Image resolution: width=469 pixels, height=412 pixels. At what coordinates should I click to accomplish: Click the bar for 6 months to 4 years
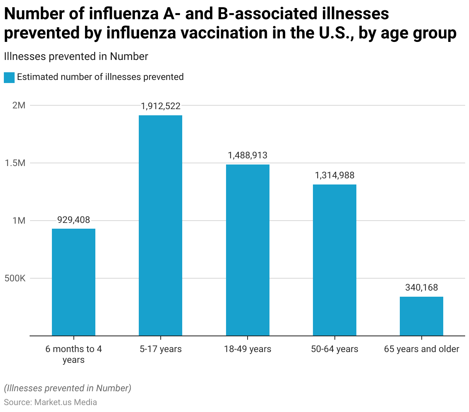73,282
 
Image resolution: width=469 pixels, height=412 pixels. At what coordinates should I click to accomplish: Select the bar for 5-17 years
160,226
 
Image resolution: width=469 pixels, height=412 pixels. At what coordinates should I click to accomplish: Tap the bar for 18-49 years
248,250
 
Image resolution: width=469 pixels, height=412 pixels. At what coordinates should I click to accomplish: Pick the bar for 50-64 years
334,260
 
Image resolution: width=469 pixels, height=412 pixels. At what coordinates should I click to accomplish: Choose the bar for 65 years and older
421,316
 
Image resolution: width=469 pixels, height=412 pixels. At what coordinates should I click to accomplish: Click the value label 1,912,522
160,106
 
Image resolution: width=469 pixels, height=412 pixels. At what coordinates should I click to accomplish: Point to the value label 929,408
73,220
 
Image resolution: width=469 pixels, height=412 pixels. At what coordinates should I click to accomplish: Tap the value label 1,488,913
248,155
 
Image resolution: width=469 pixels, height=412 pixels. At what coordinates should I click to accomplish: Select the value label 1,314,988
334,175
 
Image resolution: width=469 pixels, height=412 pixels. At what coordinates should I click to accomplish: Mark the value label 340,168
421,287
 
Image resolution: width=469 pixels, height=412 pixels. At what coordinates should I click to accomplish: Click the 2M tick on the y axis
18,105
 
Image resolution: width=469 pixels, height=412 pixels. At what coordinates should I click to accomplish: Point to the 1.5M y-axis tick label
15,163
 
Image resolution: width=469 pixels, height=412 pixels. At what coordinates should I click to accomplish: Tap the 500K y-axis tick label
15,278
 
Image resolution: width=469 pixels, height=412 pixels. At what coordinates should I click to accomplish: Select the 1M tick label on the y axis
18,221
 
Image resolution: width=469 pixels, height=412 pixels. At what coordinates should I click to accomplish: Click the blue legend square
9,77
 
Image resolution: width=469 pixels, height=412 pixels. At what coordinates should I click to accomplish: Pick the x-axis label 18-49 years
248,349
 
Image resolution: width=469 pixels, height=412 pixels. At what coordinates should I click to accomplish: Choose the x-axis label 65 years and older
421,349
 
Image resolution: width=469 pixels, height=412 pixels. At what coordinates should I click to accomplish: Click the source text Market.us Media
65,402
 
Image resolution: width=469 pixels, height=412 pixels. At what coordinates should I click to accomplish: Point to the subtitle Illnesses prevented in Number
76,56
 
